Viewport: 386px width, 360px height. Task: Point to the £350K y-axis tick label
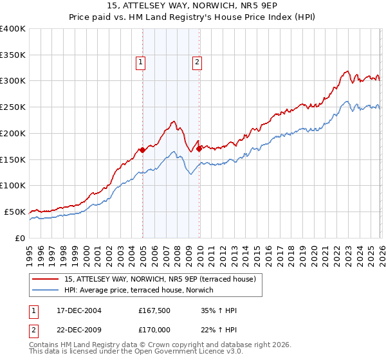13,55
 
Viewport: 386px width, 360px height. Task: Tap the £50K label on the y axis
15,212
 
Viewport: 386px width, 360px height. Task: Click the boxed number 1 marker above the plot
140,62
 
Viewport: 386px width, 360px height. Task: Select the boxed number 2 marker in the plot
197,62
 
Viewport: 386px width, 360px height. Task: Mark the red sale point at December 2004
142,150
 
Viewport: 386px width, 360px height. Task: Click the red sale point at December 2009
199,148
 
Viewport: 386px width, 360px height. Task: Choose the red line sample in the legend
46,279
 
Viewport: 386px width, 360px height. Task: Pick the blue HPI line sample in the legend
46,290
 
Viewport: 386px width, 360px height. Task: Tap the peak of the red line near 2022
347,71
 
